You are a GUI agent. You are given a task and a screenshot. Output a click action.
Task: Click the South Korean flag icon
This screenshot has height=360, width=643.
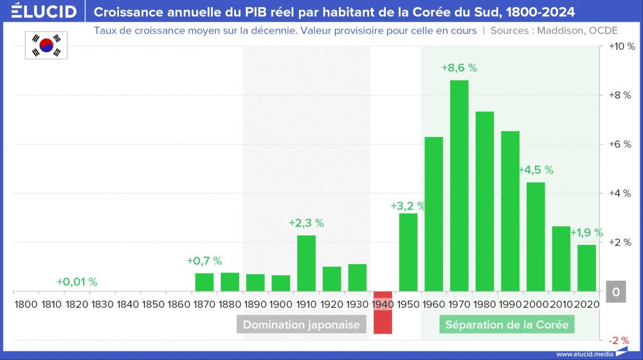point(46,45)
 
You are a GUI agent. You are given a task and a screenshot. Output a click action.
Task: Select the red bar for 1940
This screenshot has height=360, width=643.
point(383,312)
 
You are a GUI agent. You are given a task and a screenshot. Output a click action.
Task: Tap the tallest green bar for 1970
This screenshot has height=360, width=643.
point(459,186)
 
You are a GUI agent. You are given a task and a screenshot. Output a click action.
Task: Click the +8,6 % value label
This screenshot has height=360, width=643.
point(459,67)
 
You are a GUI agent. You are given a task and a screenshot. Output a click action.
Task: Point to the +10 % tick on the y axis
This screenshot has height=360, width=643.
point(621,47)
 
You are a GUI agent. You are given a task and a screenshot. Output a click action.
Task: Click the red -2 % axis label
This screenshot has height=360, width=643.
point(619,341)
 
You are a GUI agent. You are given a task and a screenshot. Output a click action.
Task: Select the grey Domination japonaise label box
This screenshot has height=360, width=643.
point(302,325)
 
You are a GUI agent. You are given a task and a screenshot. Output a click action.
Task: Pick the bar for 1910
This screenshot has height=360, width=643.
point(306,264)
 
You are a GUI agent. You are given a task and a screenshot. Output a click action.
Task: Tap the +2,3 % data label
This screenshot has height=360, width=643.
point(306,223)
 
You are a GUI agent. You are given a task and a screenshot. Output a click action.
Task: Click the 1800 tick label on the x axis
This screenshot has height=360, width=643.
point(25,303)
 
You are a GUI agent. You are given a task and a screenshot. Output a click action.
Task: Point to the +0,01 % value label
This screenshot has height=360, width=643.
point(77,282)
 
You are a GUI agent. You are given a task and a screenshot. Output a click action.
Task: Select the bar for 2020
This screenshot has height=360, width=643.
point(586,268)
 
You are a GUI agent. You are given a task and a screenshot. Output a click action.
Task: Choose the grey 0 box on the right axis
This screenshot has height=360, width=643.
point(615,292)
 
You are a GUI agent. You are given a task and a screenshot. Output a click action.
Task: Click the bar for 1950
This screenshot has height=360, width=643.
point(408,253)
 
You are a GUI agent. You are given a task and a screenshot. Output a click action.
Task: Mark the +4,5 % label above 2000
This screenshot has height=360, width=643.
point(536,170)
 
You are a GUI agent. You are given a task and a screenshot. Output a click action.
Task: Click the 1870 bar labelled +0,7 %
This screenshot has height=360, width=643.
point(204,282)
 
